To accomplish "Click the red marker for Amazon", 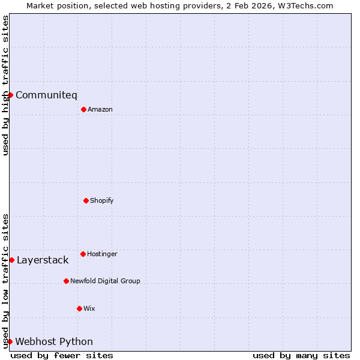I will coord(83,109).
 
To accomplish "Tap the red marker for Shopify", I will coord(86,200).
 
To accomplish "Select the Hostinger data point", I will coord(83,254).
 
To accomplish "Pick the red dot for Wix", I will coord(79,308).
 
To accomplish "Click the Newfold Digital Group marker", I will coord(66,281).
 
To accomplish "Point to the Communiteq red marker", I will coord(10,95).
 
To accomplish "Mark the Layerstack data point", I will coord(11,260).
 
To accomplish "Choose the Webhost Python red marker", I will coord(10,341).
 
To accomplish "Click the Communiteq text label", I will coord(46,95).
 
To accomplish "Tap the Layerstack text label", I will coord(43,260).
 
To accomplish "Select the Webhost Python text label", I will coord(54,341).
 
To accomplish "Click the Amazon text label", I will coord(100,109).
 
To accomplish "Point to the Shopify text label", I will coord(102,200).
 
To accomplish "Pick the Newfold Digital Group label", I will coord(105,281).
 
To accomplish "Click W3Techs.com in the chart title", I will coord(304,5).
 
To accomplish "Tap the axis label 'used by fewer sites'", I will coord(62,355).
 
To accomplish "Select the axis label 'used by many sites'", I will coord(301,355).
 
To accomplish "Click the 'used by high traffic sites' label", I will coord(5,85).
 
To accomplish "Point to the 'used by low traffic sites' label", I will coord(5,281).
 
